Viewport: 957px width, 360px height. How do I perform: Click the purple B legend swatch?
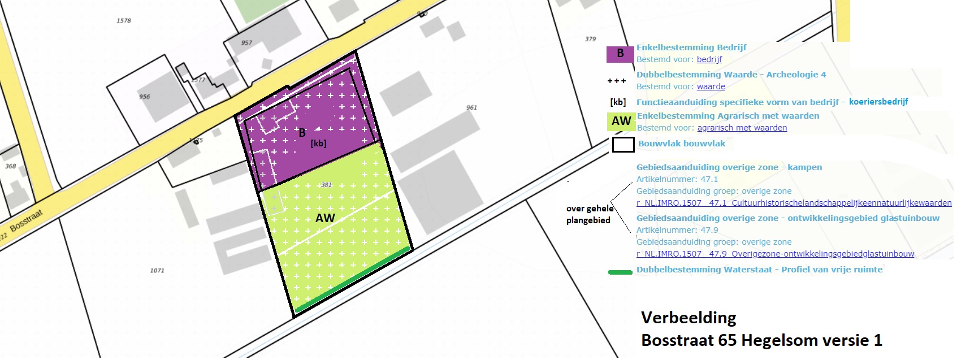(620, 54)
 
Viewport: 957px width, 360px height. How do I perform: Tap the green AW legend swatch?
(621, 121)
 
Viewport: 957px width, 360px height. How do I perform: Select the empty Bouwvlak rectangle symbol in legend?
(623, 145)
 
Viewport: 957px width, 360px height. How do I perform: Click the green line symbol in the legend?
(620, 272)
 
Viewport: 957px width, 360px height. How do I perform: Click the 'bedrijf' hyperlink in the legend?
(709, 59)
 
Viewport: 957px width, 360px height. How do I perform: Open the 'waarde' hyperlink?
(711, 86)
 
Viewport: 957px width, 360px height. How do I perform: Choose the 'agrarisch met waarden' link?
(742, 128)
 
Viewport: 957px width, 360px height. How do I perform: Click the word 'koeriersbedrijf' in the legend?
(878, 102)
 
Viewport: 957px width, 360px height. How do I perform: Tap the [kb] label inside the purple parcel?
(318, 144)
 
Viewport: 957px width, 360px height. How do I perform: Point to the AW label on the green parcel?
(325, 218)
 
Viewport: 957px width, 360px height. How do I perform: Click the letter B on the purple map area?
(302, 133)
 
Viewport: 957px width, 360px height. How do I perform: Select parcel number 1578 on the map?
(124, 20)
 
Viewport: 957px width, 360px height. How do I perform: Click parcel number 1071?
(157, 271)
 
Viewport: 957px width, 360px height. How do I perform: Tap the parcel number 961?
(471, 107)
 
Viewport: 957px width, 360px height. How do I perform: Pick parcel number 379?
(590, 39)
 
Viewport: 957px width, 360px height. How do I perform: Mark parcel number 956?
(145, 97)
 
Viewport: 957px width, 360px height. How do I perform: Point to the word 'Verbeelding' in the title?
(688, 318)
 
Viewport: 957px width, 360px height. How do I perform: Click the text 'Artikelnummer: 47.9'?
(677, 230)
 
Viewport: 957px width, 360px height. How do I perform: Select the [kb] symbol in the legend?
(618, 102)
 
